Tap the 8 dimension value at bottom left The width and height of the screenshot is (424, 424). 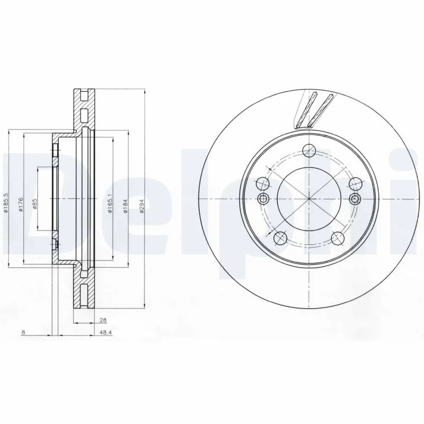pyautogui.click(x=24, y=332)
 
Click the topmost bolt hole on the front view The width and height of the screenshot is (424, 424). pyautogui.click(x=308, y=150)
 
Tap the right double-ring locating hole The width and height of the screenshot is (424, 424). pyautogui.click(x=355, y=199)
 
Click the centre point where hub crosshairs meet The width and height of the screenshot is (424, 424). pyautogui.click(x=308, y=199)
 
